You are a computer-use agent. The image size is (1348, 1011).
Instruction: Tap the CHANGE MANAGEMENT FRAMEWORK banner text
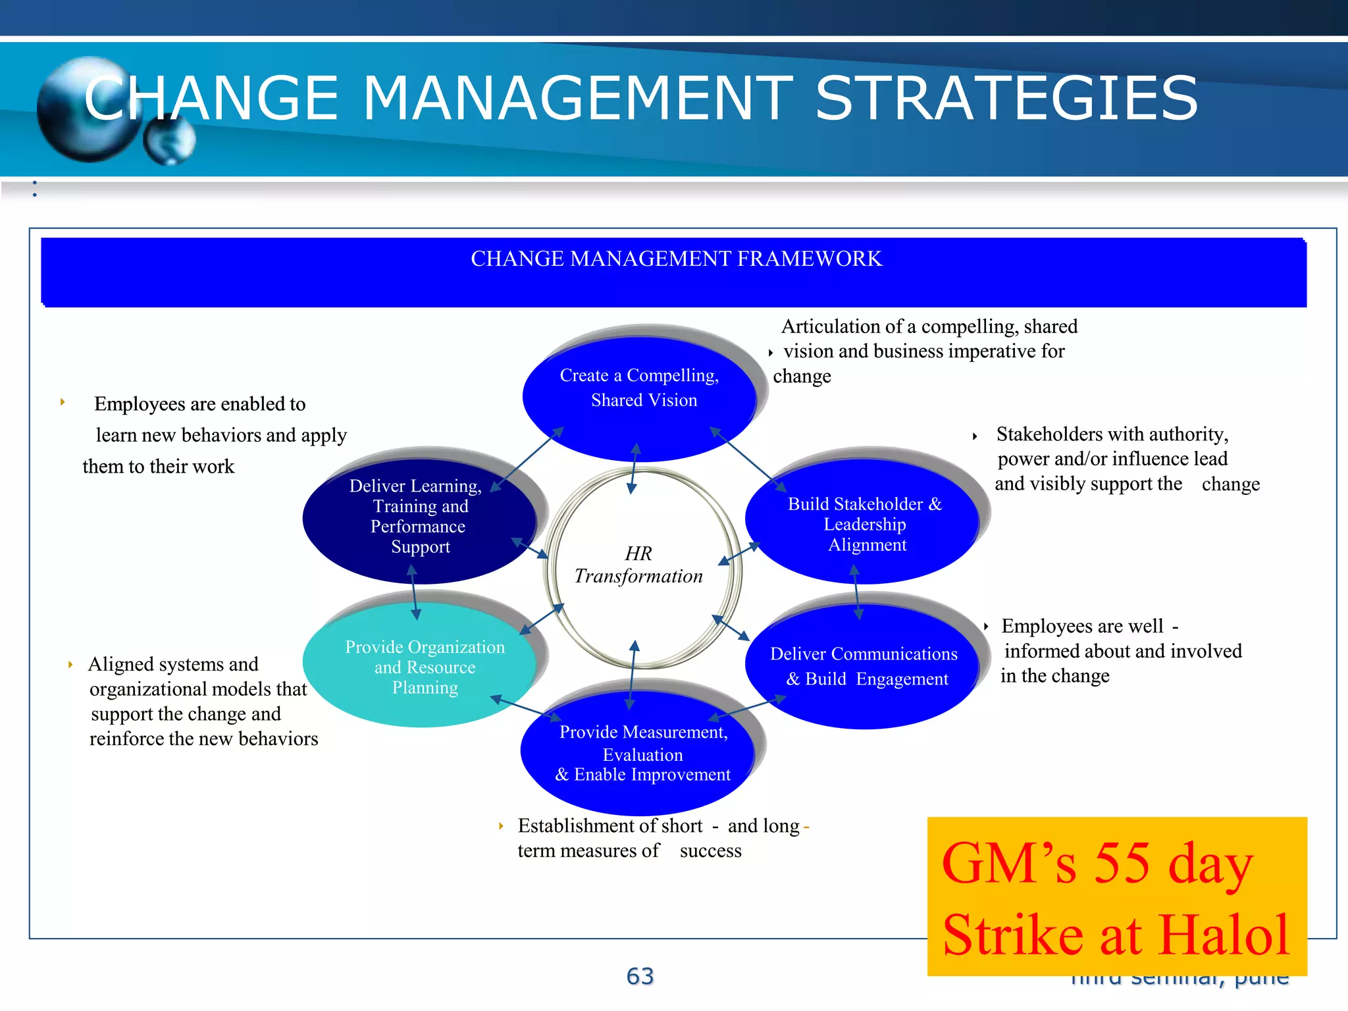[676, 259]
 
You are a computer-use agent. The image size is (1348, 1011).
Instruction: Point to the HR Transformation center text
[638, 565]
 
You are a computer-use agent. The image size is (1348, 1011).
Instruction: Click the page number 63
[640, 976]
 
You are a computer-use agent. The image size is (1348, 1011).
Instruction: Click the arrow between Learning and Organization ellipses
[414, 592]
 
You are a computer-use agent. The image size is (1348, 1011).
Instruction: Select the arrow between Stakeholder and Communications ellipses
[856, 592]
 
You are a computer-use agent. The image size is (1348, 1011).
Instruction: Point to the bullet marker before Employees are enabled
[63, 402]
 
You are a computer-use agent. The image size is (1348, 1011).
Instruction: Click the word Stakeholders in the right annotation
[1045, 434]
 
